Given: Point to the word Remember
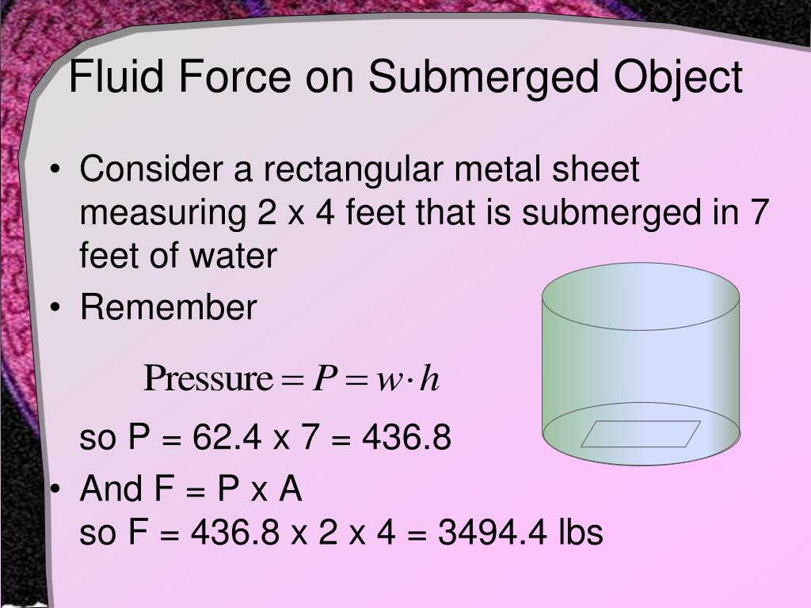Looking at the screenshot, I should tap(168, 308).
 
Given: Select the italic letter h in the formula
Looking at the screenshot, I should tap(429, 379).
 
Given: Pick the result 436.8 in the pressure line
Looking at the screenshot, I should tap(406, 438).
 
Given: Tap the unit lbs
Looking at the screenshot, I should tap(578, 533).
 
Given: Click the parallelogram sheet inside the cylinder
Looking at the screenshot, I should tap(641, 434).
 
